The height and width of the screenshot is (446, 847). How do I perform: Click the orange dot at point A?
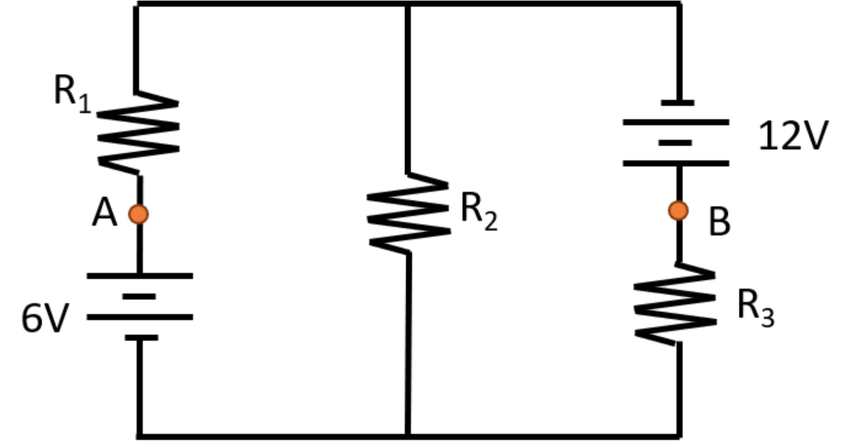tap(138, 214)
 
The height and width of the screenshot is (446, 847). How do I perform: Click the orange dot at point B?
tap(678, 211)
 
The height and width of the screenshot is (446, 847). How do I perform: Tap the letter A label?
tap(105, 215)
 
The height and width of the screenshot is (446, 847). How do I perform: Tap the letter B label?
tap(719, 223)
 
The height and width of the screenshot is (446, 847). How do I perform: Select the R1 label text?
tap(72, 94)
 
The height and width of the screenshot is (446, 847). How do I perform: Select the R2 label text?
tap(478, 212)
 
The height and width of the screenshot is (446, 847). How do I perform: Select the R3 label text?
tap(755, 309)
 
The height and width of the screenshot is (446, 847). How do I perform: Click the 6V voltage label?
tap(43, 319)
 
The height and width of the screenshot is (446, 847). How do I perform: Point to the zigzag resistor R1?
tap(138, 134)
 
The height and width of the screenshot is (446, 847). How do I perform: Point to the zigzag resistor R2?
tap(409, 212)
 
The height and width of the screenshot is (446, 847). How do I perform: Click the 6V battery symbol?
tap(140, 306)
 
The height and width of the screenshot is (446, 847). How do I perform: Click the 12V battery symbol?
tap(676, 133)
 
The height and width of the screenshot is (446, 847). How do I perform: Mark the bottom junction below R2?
tap(408, 434)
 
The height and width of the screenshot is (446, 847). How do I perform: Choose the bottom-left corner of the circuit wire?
tap(140, 434)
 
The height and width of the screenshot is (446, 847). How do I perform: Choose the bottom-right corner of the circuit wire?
tap(679, 434)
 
